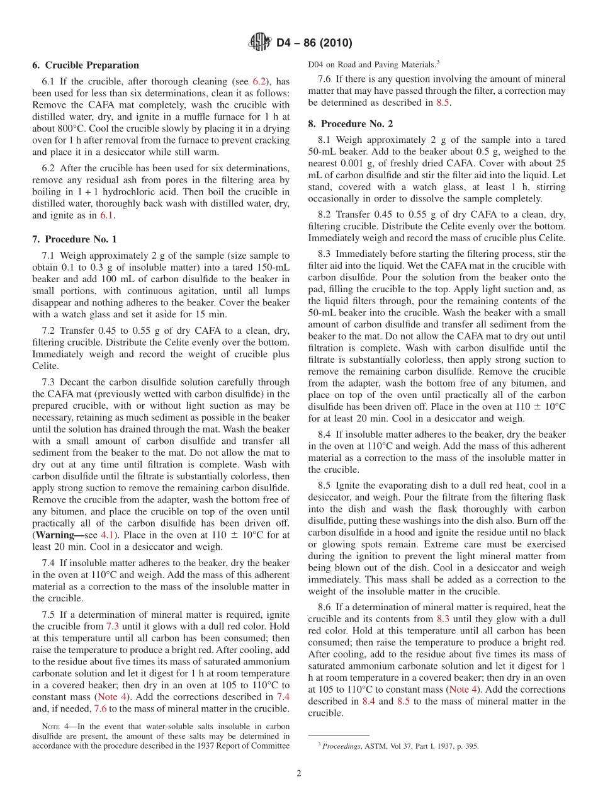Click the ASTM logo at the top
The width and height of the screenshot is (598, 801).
click(259, 43)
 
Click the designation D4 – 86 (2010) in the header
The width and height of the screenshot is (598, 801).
click(314, 43)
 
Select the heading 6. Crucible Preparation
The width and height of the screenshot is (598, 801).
click(86, 65)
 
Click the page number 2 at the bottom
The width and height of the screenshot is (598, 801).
click(299, 773)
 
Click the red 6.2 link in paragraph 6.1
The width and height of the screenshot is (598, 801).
click(259, 81)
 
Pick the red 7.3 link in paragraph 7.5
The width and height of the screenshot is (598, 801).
click(112, 626)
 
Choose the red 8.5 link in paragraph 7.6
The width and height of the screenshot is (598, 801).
click(443, 102)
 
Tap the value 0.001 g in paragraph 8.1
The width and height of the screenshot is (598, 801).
click(341, 163)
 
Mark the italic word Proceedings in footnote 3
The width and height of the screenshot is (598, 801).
click(343, 746)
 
